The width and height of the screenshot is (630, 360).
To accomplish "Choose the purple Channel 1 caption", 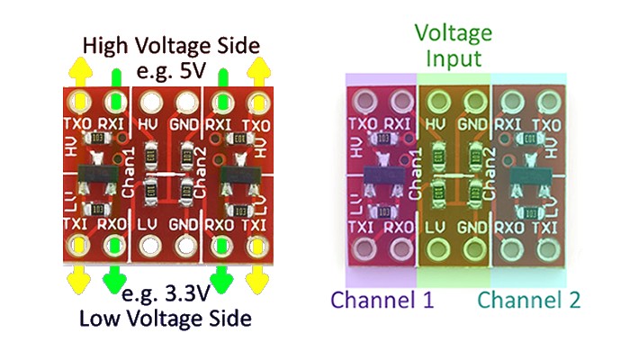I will tap(382, 300).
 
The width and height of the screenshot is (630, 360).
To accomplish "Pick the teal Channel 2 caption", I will tap(529, 300).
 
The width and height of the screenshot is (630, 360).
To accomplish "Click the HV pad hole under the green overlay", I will tap(436, 102).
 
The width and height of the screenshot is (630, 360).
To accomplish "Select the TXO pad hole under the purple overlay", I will tap(365, 102).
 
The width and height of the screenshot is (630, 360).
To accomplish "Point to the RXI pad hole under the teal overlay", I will tap(507, 102).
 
